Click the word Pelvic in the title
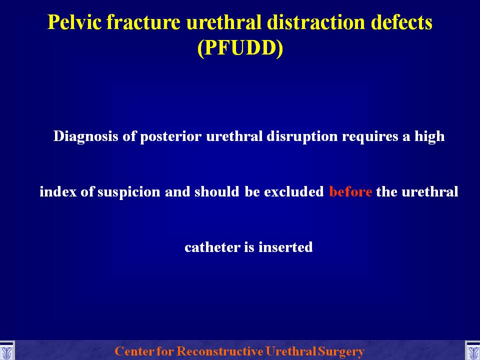74,22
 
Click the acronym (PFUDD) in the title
240,48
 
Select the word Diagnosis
85,136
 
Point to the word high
429,136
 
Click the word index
58,191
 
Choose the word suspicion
129,192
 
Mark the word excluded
294,191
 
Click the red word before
350,191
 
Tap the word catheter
212,247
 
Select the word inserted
285,247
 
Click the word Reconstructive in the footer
220,351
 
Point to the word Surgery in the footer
341,351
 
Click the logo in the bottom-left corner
6,350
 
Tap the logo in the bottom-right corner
472,350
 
